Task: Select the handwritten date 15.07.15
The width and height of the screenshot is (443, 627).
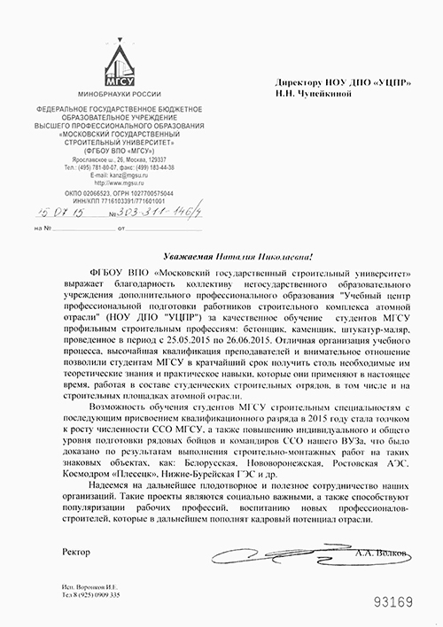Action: (55, 213)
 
